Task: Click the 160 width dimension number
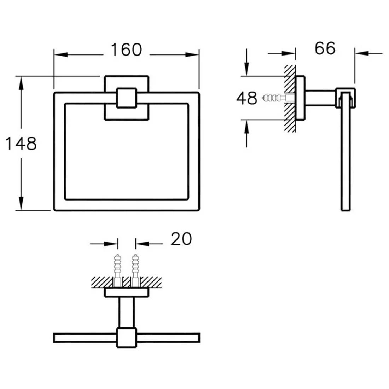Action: pyautogui.click(x=126, y=50)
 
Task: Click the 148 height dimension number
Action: pyautogui.click(x=21, y=144)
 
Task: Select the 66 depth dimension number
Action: pyautogui.click(x=325, y=48)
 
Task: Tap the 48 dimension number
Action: pyautogui.click(x=246, y=98)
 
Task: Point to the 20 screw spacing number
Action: pyautogui.click(x=181, y=239)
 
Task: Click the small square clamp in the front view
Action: pyautogui.click(x=127, y=98)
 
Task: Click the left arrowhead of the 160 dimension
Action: pyautogui.click(x=60, y=54)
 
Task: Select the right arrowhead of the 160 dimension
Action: pyautogui.click(x=192, y=54)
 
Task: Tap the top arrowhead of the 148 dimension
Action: pyautogui.click(x=21, y=83)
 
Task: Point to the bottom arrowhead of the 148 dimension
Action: pyautogui.click(x=21, y=203)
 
